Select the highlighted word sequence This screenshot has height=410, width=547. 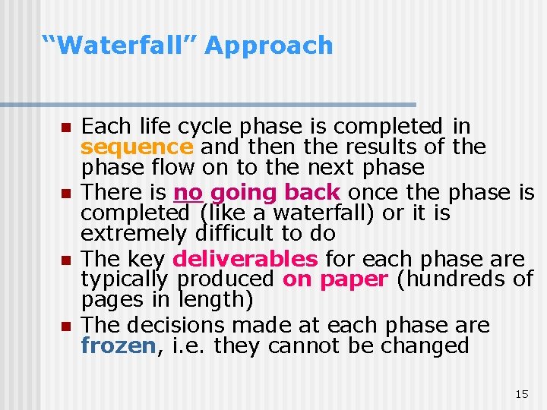(137, 146)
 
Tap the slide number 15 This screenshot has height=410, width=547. (521, 394)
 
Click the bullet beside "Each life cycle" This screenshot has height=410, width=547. (65, 126)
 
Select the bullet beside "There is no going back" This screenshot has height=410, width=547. (65, 193)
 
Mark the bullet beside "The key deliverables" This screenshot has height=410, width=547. (65, 260)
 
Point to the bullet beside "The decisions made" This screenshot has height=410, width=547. (65, 326)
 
